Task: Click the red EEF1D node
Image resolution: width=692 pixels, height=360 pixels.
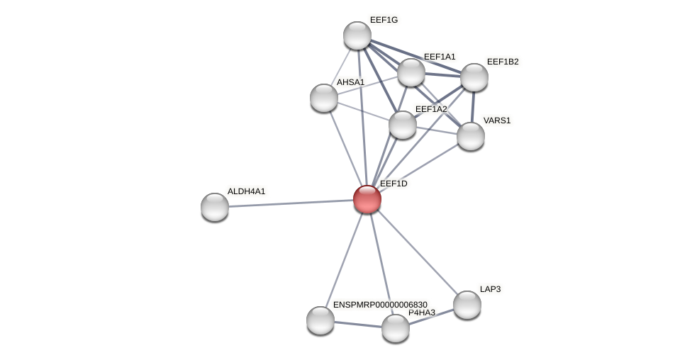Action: [x=367, y=199]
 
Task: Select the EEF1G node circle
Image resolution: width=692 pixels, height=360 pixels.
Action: [x=357, y=35]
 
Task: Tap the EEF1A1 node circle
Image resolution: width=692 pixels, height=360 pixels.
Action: [x=411, y=72]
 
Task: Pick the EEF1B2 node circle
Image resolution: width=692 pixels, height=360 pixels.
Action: [x=474, y=77]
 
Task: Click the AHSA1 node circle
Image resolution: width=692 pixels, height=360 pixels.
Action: [x=324, y=98]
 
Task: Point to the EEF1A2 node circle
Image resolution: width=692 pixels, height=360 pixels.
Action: [x=403, y=125]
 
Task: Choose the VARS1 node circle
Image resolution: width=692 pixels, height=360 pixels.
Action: [x=471, y=136]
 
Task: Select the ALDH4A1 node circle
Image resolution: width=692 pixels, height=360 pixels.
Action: [x=215, y=207]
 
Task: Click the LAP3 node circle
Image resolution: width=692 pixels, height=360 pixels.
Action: [x=467, y=305]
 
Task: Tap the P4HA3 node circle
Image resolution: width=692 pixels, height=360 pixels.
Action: [x=396, y=328]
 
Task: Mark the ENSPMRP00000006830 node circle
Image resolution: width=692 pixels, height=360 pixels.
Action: [x=320, y=320]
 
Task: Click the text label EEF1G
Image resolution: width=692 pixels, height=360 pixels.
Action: [x=384, y=20]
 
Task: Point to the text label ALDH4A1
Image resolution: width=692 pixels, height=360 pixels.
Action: [x=246, y=191]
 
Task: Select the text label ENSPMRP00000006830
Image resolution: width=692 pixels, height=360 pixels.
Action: [x=380, y=305]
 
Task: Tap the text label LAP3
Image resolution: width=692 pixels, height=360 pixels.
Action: [x=490, y=289]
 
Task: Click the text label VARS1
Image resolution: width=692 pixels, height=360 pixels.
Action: [x=496, y=120]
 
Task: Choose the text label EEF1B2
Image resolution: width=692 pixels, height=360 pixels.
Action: [x=503, y=62]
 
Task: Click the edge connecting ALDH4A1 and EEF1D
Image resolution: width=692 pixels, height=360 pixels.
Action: [x=291, y=203]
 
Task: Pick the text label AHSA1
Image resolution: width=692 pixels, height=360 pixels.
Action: [x=350, y=82]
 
